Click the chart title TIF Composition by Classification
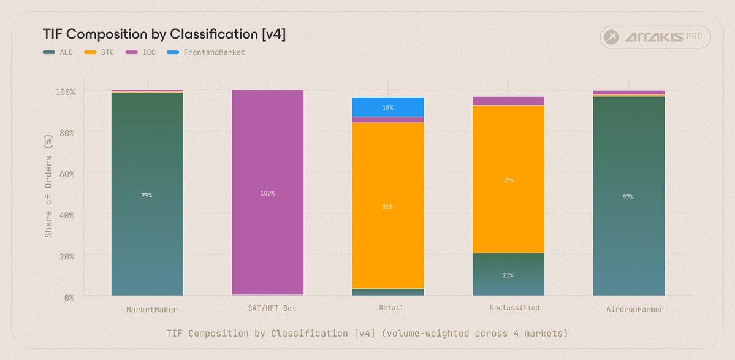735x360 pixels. [x=164, y=34]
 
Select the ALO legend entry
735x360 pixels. [x=58, y=52]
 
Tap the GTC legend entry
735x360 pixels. [x=99, y=52]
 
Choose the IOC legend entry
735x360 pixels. [x=140, y=52]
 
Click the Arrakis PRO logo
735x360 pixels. [x=655, y=37]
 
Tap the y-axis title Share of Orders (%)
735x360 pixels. [x=48, y=194]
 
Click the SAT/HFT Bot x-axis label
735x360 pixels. [x=267, y=308]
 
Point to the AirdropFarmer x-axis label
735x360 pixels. [x=634, y=310]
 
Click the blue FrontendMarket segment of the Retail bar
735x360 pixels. [x=387, y=107]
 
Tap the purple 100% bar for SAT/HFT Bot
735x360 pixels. [x=267, y=193]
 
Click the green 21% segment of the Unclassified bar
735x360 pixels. [x=508, y=274]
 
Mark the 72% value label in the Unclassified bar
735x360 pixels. [x=508, y=180]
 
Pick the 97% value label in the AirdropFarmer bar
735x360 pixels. [x=628, y=197]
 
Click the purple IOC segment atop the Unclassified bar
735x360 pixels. [x=508, y=101]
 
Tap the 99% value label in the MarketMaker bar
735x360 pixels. [x=147, y=195]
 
